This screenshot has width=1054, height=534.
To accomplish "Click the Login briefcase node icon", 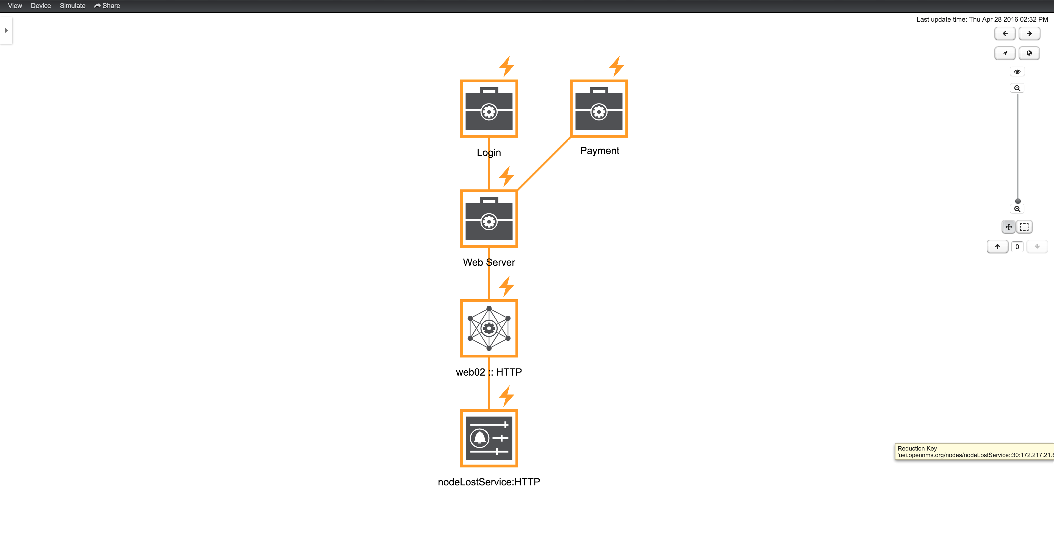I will [489, 109].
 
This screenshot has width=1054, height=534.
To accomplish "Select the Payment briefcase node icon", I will [599, 109].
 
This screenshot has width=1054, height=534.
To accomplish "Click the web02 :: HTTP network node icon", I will [489, 328].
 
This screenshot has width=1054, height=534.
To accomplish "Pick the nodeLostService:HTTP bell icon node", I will [489, 438].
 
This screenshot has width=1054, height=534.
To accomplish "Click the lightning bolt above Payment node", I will [616, 67].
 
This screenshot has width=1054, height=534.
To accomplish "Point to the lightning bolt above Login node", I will [507, 67].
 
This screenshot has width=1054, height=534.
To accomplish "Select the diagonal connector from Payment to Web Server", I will [543, 164].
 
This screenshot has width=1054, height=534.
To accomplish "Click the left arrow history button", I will [1005, 33].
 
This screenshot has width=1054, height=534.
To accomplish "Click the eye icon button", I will [1017, 72].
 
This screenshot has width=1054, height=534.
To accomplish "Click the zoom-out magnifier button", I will [1017, 209].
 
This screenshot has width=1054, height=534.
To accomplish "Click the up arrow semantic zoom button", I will [997, 247].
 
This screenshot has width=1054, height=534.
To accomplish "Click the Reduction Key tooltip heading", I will [917, 448].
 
